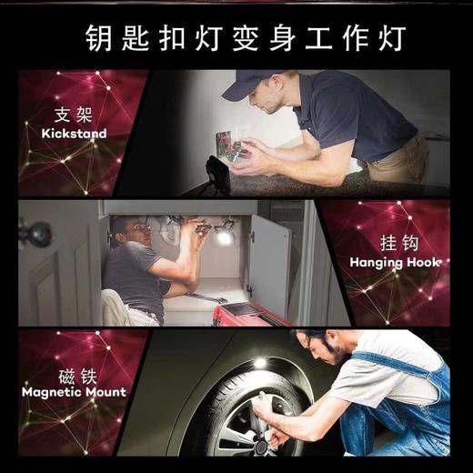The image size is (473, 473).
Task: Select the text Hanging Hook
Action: (395, 263)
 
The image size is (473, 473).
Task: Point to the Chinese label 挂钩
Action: (395, 244)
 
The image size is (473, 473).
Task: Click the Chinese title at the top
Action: (236, 39)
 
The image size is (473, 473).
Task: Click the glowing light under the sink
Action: (224, 236)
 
